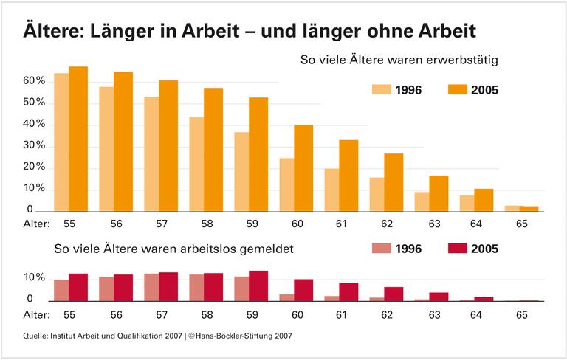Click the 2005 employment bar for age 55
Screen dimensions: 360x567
click(x=78, y=139)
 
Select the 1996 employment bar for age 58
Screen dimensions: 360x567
click(x=196, y=165)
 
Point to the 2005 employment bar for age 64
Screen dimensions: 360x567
click(x=484, y=200)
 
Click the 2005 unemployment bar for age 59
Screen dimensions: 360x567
click(x=258, y=286)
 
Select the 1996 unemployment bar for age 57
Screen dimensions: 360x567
click(x=151, y=288)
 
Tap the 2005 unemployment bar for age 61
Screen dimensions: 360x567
click(x=348, y=292)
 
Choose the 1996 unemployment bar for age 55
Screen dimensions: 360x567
click(x=61, y=291)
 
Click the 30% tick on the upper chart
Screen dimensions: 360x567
click(x=34, y=145)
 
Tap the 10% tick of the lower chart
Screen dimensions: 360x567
click(x=34, y=278)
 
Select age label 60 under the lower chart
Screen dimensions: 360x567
click(x=297, y=314)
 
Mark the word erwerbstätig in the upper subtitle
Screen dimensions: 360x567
click(x=465, y=58)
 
